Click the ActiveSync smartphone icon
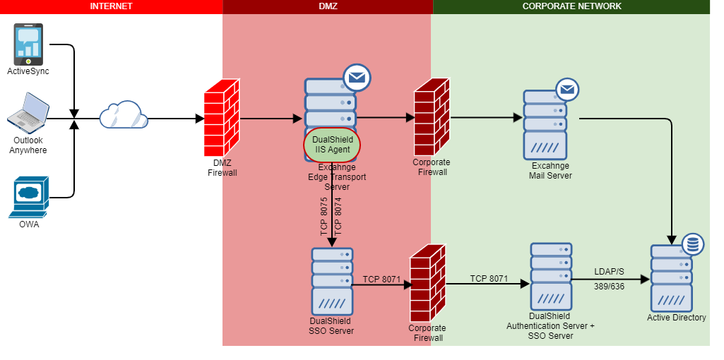[x=28, y=44]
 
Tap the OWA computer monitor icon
[x=28, y=197]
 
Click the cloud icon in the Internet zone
[x=123, y=115]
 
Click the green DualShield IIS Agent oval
[x=332, y=145]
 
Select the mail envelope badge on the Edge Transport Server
[x=357, y=78]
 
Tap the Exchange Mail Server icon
[x=545, y=126]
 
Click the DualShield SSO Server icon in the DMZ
[x=331, y=280]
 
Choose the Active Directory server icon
[x=672, y=277]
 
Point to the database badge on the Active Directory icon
[x=692, y=245]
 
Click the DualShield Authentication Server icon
[x=551, y=277]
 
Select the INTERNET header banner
[x=111, y=6]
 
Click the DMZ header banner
[x=328, y=6]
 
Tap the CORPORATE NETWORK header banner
[x=571, y=6]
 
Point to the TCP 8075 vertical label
[x=324, y=217]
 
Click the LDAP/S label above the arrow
[x=609, y=272]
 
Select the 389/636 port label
[x=609, y=287]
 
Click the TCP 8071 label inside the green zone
[x=489, y=279]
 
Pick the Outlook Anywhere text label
[x=28, y=145]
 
